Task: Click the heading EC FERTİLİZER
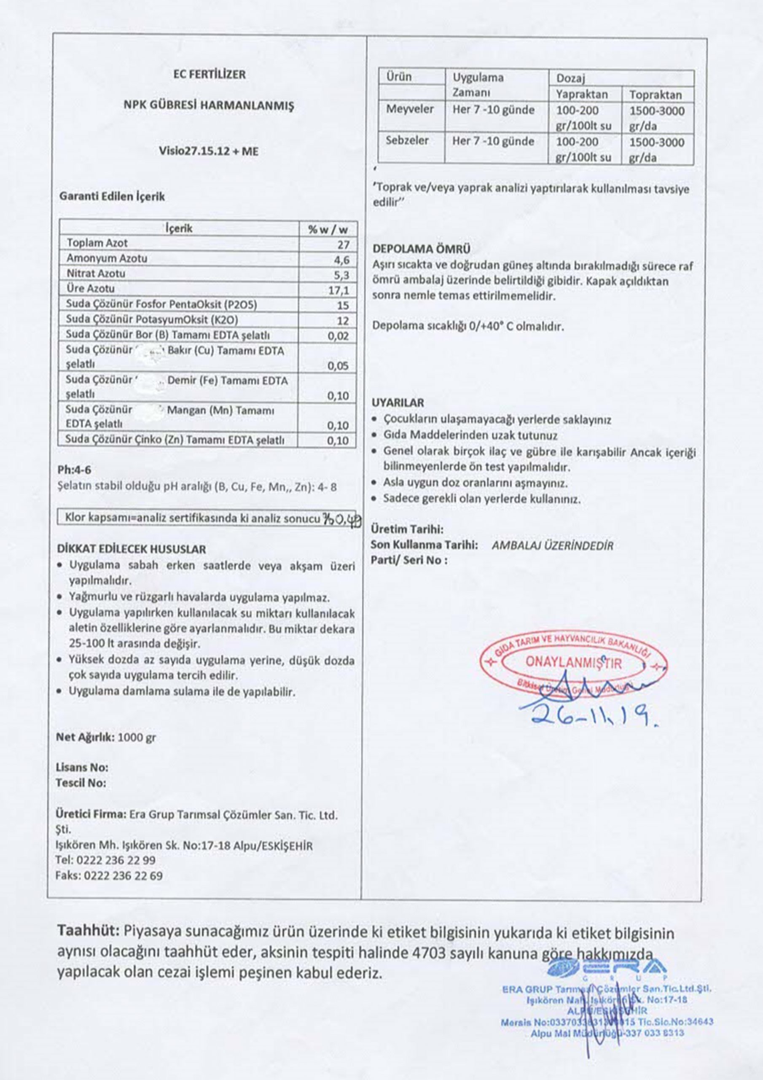point(209,74)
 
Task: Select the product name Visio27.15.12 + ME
point(208,151)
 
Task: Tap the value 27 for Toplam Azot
point(343,244)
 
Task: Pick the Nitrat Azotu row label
point(96,273)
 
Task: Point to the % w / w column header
point(328,229)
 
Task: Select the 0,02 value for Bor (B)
point(338,336)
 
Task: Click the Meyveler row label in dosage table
point(410,110)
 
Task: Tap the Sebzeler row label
point(407,140)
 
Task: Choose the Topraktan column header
point(656,95)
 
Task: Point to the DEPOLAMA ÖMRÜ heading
point(421,249)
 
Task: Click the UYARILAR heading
point(398,402)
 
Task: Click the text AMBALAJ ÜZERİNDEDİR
point(552,545)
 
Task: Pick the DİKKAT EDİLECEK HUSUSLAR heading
point(131,549)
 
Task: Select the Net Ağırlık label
point(85,737)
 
